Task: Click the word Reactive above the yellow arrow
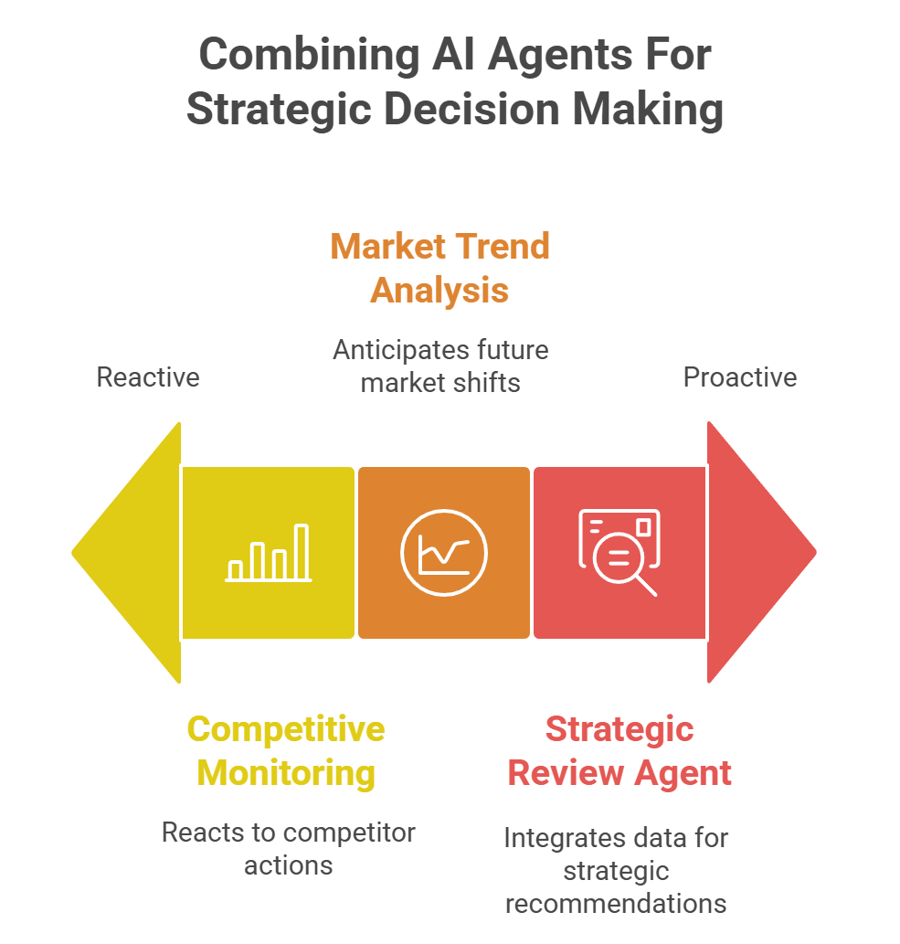[x=148, y=377]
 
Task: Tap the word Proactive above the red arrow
[x=740, y=377]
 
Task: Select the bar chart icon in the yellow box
[x=269, y=554]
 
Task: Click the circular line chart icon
[x=444, y=553]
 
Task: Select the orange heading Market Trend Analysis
[x=439, y=268]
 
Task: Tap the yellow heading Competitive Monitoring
[x=286, y=750]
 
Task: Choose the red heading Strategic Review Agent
[x=619, y=750]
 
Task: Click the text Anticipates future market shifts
[x=440, y=366]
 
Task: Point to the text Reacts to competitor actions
[x=288, y=848]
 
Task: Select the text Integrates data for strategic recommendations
[x=616, y=870]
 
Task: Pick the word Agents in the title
[x=545, y=55]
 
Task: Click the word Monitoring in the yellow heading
[x=286, y=772]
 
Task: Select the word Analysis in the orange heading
[x=439, y=290]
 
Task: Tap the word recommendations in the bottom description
[x=616, y=903]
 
